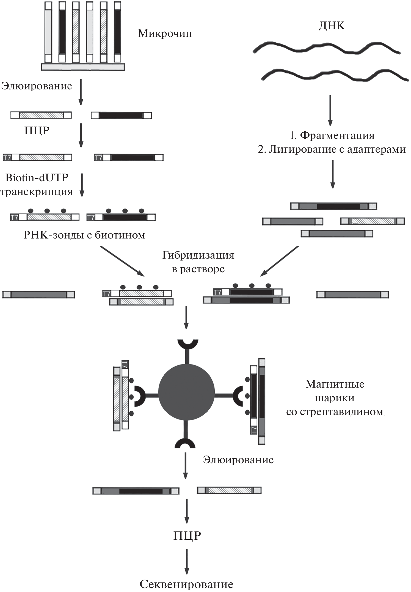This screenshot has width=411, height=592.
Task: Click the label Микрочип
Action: (x=165, y=33)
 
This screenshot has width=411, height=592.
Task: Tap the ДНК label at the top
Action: (x=332, y=25)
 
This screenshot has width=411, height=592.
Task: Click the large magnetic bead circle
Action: (x=186, y=392)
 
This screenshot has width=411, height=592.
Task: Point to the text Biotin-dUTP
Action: (x=37, y=178)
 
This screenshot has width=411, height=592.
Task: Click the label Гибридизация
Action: (x=198, y=255)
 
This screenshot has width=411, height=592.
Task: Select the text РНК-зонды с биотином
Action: (x=84, y=235)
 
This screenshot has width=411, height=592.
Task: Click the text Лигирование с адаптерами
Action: (x=337, y=149)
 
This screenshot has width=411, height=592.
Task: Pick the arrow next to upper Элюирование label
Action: (x=81, y=92)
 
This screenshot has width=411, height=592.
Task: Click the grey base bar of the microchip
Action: (x=83, y=67)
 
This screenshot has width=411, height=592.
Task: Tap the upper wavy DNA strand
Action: (x=326, y=48)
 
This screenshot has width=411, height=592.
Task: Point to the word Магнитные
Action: (x=335, y=384)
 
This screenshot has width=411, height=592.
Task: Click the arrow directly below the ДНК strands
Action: (x=330, y=110)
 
